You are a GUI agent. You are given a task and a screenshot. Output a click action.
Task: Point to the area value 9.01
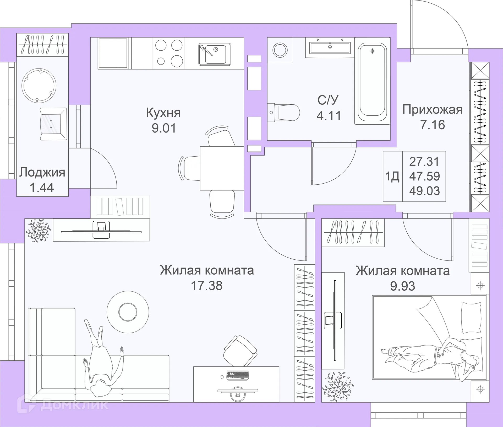point(164,128)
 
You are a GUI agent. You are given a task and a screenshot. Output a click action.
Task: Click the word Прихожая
point(432,110)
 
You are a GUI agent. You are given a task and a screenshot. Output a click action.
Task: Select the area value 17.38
point(207,286)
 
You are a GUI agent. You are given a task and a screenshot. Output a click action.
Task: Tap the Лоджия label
point(42,173)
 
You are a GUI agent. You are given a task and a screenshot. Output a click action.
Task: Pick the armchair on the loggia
point(53,124)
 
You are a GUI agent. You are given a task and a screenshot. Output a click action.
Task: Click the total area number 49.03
point(424,191)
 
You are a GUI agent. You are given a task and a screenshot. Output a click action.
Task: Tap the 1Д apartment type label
point(392,177)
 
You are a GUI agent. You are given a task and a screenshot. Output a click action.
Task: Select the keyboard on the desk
point(237,375)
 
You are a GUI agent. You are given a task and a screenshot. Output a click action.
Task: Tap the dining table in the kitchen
point(222,168)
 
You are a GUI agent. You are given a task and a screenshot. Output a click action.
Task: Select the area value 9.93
point(402,286)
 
